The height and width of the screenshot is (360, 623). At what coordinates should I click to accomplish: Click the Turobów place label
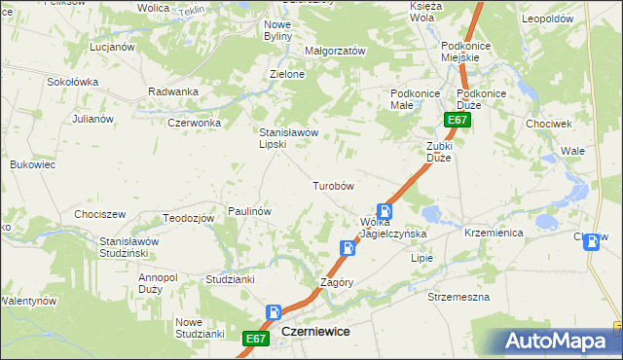pyautogui.click(x=331, y=185)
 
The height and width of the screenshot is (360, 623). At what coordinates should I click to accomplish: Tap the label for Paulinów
pyautogui.click(x=248, y=210)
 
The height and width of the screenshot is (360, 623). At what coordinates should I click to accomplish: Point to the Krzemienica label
pyautogui.click(x=494, y=234)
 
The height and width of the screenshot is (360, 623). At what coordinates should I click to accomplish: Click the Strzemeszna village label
pyautogui.click(x=458, y=297)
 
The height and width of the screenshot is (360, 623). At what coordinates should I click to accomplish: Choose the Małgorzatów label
pyautogui.click(x=334, y=51)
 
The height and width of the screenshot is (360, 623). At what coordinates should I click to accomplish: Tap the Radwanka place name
pyautogui.click(x=173, y=91)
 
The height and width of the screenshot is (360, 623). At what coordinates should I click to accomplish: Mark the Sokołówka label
pyautogui.click(x=73, y=82)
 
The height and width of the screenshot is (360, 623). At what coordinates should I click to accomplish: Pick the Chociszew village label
pyautogui.click(x=100, y=214)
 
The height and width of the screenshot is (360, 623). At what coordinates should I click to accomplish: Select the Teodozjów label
pyautogui.click(x=188, y=218)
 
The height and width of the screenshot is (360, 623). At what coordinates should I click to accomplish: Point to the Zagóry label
pyautogui.click(x=337, y=283)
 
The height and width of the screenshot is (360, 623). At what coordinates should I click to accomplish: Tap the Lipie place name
pyautogui.click(x=421, y=259)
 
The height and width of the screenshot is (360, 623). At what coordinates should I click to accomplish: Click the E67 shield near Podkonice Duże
pyautogui.click(x=458, y=120)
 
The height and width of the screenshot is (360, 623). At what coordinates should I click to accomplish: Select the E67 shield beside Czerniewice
pyautogui.click(x=255, y=338)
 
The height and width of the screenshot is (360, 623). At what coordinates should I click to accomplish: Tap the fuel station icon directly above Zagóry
pyautogui.click(x=348, y=248)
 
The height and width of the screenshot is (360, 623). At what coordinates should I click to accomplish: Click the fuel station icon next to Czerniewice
pyautogui.click(x=275, y=313)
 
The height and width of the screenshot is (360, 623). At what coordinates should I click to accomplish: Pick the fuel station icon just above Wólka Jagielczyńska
pyautogui.click(x=385, y=211)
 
